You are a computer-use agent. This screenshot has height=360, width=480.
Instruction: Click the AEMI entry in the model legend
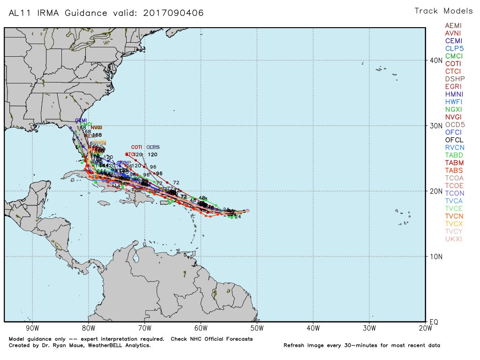pos(453,26)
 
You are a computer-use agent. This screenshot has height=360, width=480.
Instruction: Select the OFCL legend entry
pos(453,140)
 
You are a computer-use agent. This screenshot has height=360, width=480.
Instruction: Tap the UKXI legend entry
pos(453,239)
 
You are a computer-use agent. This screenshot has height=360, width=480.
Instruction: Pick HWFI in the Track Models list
pos(453,102)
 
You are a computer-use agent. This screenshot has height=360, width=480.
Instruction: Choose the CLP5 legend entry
pos(453,48)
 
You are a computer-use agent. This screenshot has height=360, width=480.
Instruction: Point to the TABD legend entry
pos(453,155)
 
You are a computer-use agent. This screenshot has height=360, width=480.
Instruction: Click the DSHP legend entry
pos(453,79)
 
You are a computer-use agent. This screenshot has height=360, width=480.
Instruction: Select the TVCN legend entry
pos(453,216)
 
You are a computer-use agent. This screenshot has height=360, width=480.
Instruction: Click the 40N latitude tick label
pos(436,60)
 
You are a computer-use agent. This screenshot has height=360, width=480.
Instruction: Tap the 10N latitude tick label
pos(436,257)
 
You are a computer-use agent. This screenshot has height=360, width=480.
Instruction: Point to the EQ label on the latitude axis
pos(434,322)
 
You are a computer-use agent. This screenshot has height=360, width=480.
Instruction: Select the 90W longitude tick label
pos(32,328)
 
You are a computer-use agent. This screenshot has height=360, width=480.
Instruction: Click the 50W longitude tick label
pos(257,328)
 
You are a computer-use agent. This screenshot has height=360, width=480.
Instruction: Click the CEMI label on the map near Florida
pos(81,120)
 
